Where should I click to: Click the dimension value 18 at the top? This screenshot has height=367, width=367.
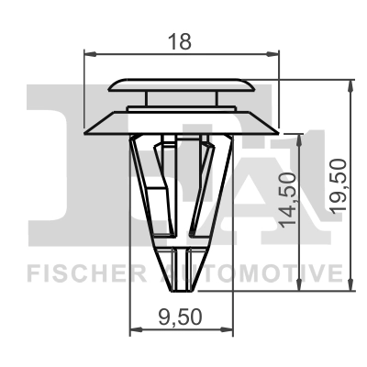coord(181,40)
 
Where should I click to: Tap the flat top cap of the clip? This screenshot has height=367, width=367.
coord(183,85)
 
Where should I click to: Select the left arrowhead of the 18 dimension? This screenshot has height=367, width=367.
coord(89,56)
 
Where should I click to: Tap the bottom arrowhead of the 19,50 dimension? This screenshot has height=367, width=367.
coord(350,287)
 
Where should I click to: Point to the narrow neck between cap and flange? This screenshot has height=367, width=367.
coord(183,99)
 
